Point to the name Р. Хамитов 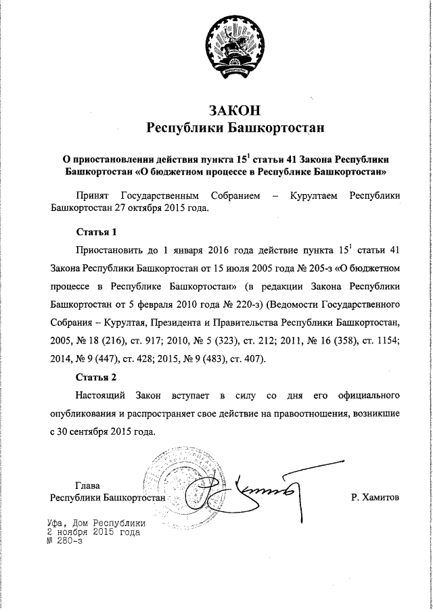pyautogui.click(x=375, y=498)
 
